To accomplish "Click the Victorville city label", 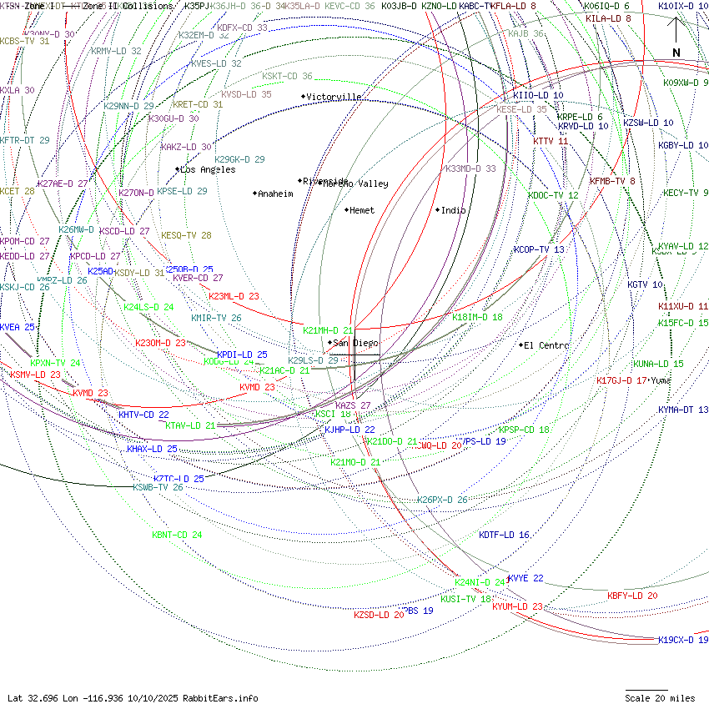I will pos(334,97).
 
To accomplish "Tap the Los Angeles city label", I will pos(208,169).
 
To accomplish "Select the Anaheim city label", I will pos(275,194).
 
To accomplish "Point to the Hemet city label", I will pos(362,210).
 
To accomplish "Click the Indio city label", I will pos(453,210).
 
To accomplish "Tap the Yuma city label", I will pos(661,380).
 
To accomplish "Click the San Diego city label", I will pos(355,343).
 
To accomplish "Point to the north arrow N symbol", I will pos(676,53).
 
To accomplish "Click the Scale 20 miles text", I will pos(661,698).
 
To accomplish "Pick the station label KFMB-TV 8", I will pos(612,180).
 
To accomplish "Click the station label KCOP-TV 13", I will pos(539,249).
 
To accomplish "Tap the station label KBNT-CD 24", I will pos(177,535).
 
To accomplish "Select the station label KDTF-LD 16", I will pos(504,535).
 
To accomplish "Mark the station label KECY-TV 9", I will pos(686,193).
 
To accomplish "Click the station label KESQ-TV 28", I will pos(186,235).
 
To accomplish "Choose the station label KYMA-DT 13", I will pos(682,410).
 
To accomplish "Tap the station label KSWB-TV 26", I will pos(158,487).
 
